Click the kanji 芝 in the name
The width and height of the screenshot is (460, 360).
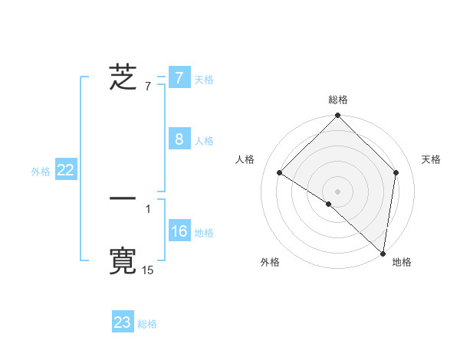click(x=123, y=78)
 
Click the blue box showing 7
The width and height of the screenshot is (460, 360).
click(x=179, y=78)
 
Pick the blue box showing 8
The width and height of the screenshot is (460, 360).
click(x=179, y=139)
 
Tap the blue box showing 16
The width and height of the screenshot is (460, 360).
click(x=179, y=231)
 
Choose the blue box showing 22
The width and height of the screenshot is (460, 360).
click(x=65, y=171)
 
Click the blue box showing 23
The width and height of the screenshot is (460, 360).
click(x=123, y=322)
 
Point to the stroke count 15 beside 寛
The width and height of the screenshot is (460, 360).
click(x=148, y=270)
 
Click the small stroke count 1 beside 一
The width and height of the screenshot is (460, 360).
click(x=148, y=208)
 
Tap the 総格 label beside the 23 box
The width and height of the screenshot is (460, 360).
click(x=148, y=324)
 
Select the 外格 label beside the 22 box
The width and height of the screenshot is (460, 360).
click(x=41, y=172)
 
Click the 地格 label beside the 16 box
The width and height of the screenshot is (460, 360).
click(x=204, y=232)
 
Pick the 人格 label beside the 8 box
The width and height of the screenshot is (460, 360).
click(x=204, y=140)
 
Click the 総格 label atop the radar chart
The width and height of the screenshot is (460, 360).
click(x=338, y=100)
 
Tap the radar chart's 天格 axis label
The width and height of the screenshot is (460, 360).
click(x=431, y=159)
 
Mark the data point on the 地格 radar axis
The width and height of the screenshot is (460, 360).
click(x=383, y=253)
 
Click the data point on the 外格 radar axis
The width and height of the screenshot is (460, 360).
click(x=329, y=204)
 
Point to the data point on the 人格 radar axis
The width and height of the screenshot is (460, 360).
click(x=280, y=172)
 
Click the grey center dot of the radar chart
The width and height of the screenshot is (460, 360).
click(x=338, y=191)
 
